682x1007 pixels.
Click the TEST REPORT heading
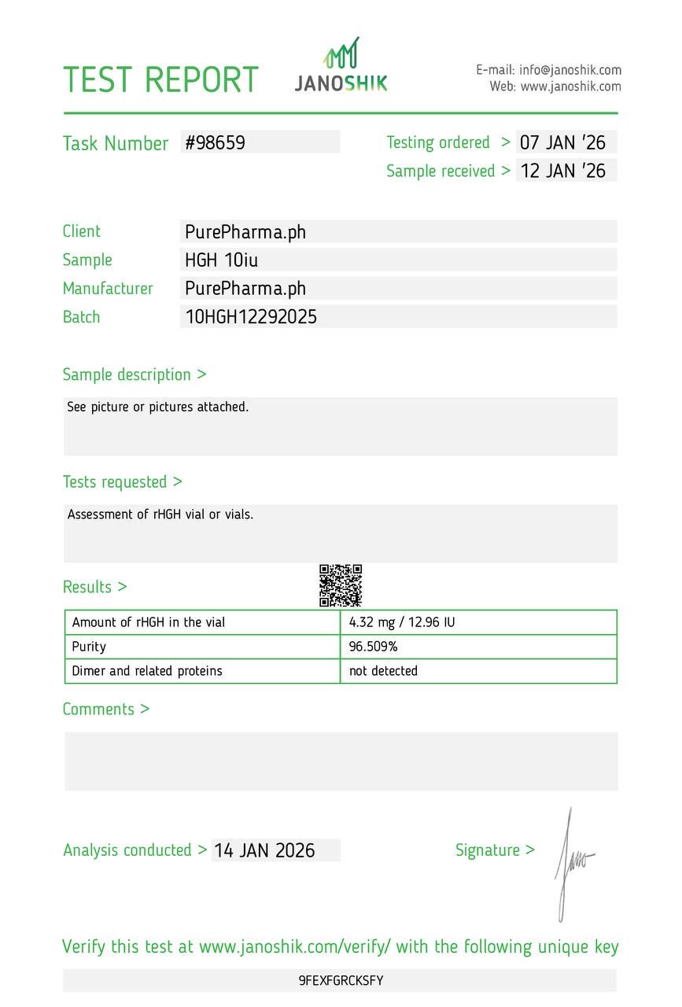(160, 80)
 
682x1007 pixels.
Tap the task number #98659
(216, 142)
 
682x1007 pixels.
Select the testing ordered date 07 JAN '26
(562, 143)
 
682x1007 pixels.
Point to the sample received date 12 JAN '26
(563, 171)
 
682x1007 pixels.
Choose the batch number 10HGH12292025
(251, 317)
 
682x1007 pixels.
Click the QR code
(341, 585)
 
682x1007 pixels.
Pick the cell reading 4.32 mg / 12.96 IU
(402, 622)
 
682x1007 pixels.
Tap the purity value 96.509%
(374, 647)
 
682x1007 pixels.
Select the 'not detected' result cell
(383, 671)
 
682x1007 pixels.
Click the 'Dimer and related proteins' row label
(147, 671)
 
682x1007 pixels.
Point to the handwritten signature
(573, 861)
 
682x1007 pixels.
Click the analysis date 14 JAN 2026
(264, 850)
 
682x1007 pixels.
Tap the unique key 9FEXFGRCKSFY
(341, 980)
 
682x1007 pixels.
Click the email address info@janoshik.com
(570, 70)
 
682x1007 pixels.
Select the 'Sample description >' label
(135, 374)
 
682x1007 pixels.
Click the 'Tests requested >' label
(123, 481)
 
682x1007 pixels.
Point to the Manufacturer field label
(108, 289)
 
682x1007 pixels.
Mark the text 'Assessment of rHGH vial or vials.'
(160, 515)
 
